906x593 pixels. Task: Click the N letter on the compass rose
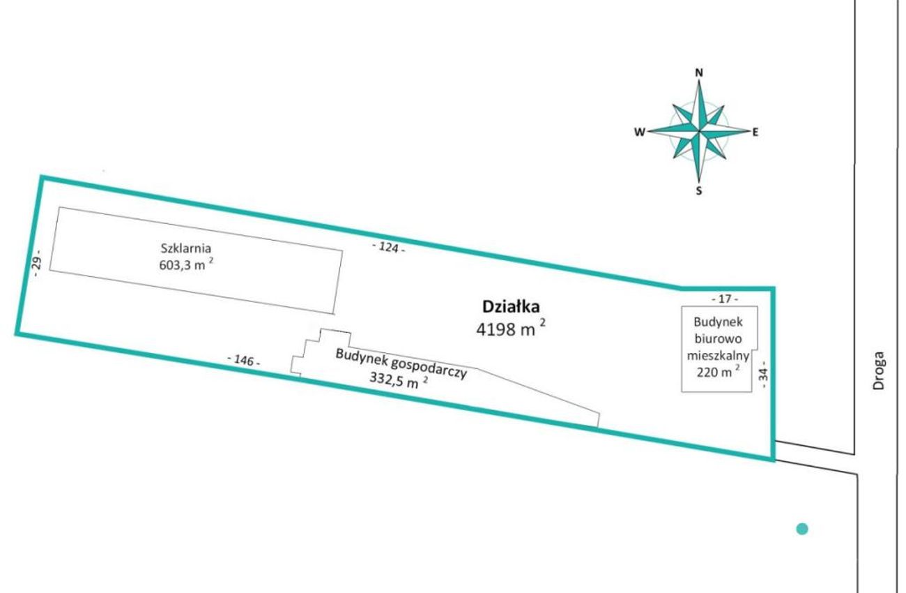(x=699, y=73)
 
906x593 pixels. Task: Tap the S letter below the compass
(x=699, y=191)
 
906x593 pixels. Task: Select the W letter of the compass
(x=640, y=132)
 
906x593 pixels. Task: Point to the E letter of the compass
(x=755, y=132)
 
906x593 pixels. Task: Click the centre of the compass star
(x=699, y=131)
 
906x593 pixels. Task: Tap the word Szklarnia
(x=186, y=248)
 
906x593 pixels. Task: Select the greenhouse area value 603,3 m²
(x=186, y=264)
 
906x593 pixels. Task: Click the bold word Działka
(x=512, y=307)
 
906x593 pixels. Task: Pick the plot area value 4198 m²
(x=511, y=329)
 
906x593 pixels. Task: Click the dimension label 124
(x=389, y=248)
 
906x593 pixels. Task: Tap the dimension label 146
(x=243, y=360)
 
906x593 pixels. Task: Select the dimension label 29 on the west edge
(x=36, y=267)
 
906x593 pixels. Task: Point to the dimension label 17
(x=725, y=299)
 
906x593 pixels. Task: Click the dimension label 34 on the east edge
(x=763, y=375)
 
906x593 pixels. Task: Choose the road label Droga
(x=879, y=370)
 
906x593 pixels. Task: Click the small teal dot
(x=802, y=529)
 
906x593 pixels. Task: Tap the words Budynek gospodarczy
(x=401, y=364)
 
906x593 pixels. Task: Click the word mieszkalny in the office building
(x=718, y=355)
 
